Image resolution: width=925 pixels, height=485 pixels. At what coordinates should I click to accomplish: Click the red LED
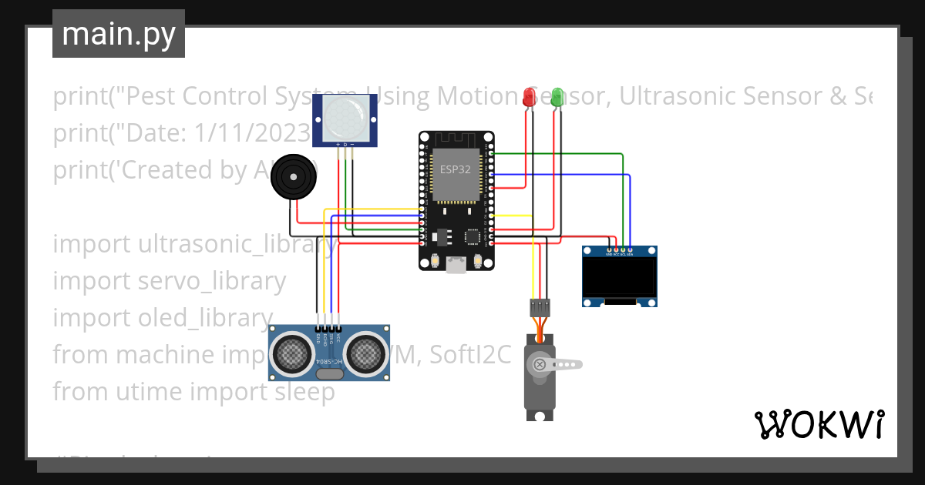pyautogui.click(x=529, y=97)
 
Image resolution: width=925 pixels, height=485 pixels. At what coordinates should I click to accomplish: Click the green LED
pyautogui.click(x=556, y=97)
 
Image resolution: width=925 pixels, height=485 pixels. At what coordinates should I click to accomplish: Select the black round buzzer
pyautogui.click(x=293, y=177)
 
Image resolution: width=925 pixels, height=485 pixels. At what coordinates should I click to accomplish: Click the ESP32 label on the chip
pyautogui.click(x=455, y=169)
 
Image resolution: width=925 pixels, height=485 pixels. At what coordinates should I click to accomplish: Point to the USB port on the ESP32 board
pyautogui.click(x=456, y=265)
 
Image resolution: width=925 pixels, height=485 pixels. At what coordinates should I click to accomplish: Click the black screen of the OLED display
pyautogui.click(x=620, y=278)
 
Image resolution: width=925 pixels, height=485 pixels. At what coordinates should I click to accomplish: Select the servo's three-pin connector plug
pyautogui.click(x=540, y=308)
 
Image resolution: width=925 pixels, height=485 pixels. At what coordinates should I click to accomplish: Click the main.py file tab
pyautogui.click(x=119, y=34)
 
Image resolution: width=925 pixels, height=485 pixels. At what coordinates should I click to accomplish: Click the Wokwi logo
pyautogui.click(x=819, y=424)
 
